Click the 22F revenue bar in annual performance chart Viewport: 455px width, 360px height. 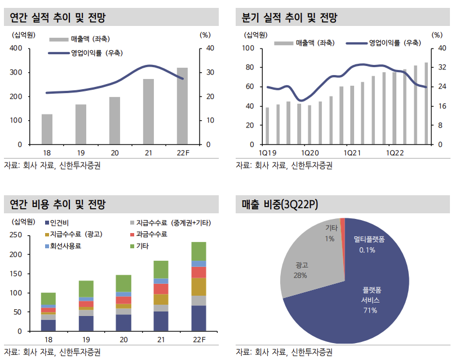coord(182,106)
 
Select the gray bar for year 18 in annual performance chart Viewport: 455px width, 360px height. coord(47,129)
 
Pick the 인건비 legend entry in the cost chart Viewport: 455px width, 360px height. coord(58,223)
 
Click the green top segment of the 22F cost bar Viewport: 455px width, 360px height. coord(198,251)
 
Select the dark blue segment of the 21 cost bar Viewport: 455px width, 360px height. coord(161,320)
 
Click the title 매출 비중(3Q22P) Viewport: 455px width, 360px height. coord(280,204)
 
